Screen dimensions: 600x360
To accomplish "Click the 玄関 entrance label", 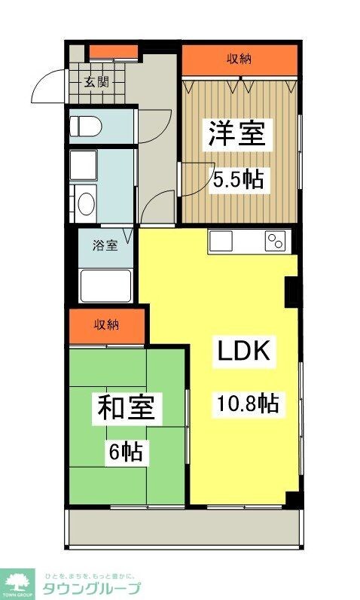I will (x=96, y=81).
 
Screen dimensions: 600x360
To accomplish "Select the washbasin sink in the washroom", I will (x=85, y=204).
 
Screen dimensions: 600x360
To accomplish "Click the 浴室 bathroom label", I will (x=105, y=245).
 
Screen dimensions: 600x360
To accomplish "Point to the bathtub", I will (x=105, y=285).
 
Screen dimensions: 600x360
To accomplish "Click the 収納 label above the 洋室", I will (x=239, y=59).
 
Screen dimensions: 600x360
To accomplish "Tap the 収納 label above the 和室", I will (x=106, y=324).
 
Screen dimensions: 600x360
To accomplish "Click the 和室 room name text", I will (x=126, y=408).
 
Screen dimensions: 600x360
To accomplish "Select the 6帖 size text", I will (x=125, y=453).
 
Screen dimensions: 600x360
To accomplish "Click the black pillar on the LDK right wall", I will (x=291, y=292).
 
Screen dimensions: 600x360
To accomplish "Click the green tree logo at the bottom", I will (x=18, y=580).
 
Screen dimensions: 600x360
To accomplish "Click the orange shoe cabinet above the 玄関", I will (x=114, y=52).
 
